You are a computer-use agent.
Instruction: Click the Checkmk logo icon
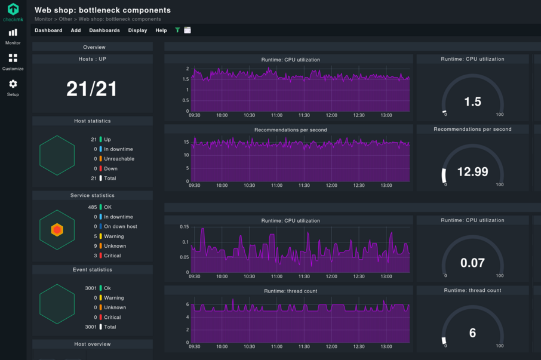tap(13, 9)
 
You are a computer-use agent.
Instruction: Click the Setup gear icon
tap(13, 84)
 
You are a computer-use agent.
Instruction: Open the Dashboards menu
tap(104, 30)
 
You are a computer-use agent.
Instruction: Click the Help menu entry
tap(161, 30)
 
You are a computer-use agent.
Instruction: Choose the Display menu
tap(137, 30)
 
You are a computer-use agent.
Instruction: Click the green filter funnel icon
tap(177, 30)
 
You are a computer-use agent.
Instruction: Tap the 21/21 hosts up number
tap(92, 89)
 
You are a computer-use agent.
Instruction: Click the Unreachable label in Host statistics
tap(119, 159)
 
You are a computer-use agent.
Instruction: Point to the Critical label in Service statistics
tap(112, 256)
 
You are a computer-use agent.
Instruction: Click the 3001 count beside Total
tap(91, 327)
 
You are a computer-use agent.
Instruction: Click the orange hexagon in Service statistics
tap(57, 230)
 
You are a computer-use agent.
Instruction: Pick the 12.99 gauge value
tap(472, 172)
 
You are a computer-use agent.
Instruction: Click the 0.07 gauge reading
tap(472, 263)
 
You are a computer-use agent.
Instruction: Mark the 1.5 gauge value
tap(472, 102)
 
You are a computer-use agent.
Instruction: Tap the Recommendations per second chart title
tap(290, 130)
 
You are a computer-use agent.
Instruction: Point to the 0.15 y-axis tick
tap(184, 227)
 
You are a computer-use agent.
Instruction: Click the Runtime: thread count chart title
tap(290, 291)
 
